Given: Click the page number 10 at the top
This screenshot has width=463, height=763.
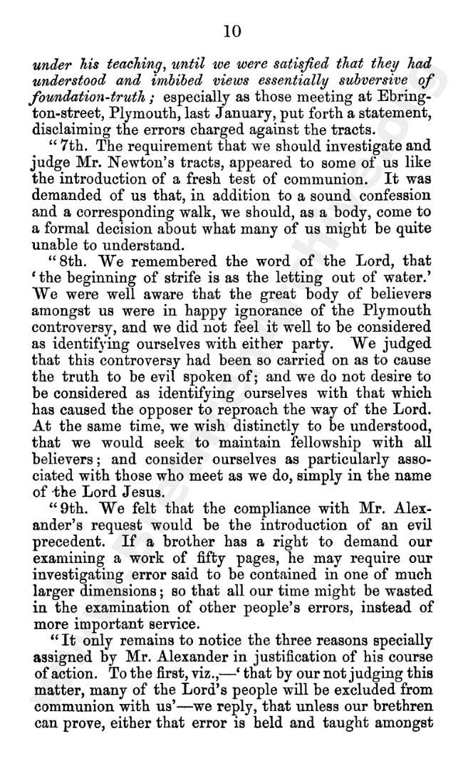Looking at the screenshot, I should tap(231, 31).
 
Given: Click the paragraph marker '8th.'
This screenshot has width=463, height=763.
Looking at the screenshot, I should tap(60, 260).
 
